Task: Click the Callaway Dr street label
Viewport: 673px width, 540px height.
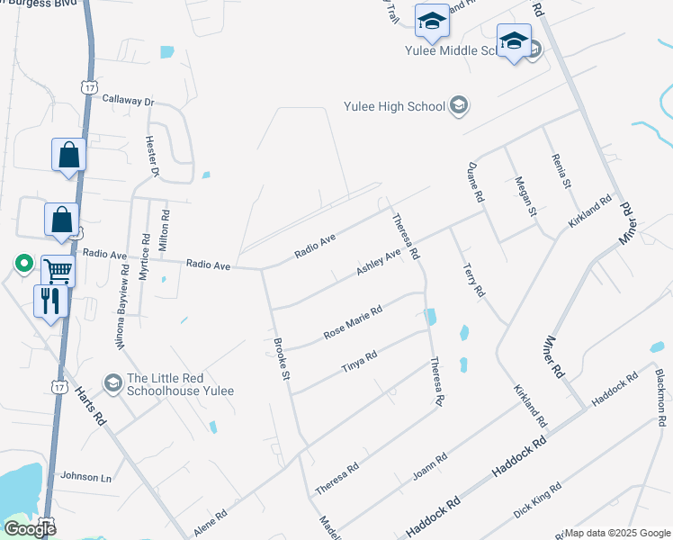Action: pyautogui.click(x=129, y=100)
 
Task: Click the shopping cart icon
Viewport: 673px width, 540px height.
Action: pyautogui.click(x=58, y=268)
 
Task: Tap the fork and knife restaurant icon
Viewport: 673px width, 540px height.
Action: pyautogui.click(x=49, y=299)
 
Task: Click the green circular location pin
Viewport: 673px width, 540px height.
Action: pyautogui.click(x=23, y=264)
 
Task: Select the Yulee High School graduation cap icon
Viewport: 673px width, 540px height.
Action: pyautogui.click(x=459, y=106)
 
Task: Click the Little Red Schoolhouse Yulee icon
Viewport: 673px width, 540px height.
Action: pyautogui.click(x=112, y=383)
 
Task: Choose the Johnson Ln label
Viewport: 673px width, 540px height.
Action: pyautogui.click(x=85, y=476)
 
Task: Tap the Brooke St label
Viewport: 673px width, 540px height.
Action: pyautogui.click(x=281, y=358)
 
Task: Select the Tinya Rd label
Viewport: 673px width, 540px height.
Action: pyautogui.click(x=358, y=362)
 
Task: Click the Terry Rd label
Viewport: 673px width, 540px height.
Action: pyautogui.click(x=473, y=280)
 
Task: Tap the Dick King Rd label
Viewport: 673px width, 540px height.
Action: pyautogui.click(x=536, y=500)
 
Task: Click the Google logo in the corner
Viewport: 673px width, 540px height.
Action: pyautogui.click(x=30, y=529)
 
